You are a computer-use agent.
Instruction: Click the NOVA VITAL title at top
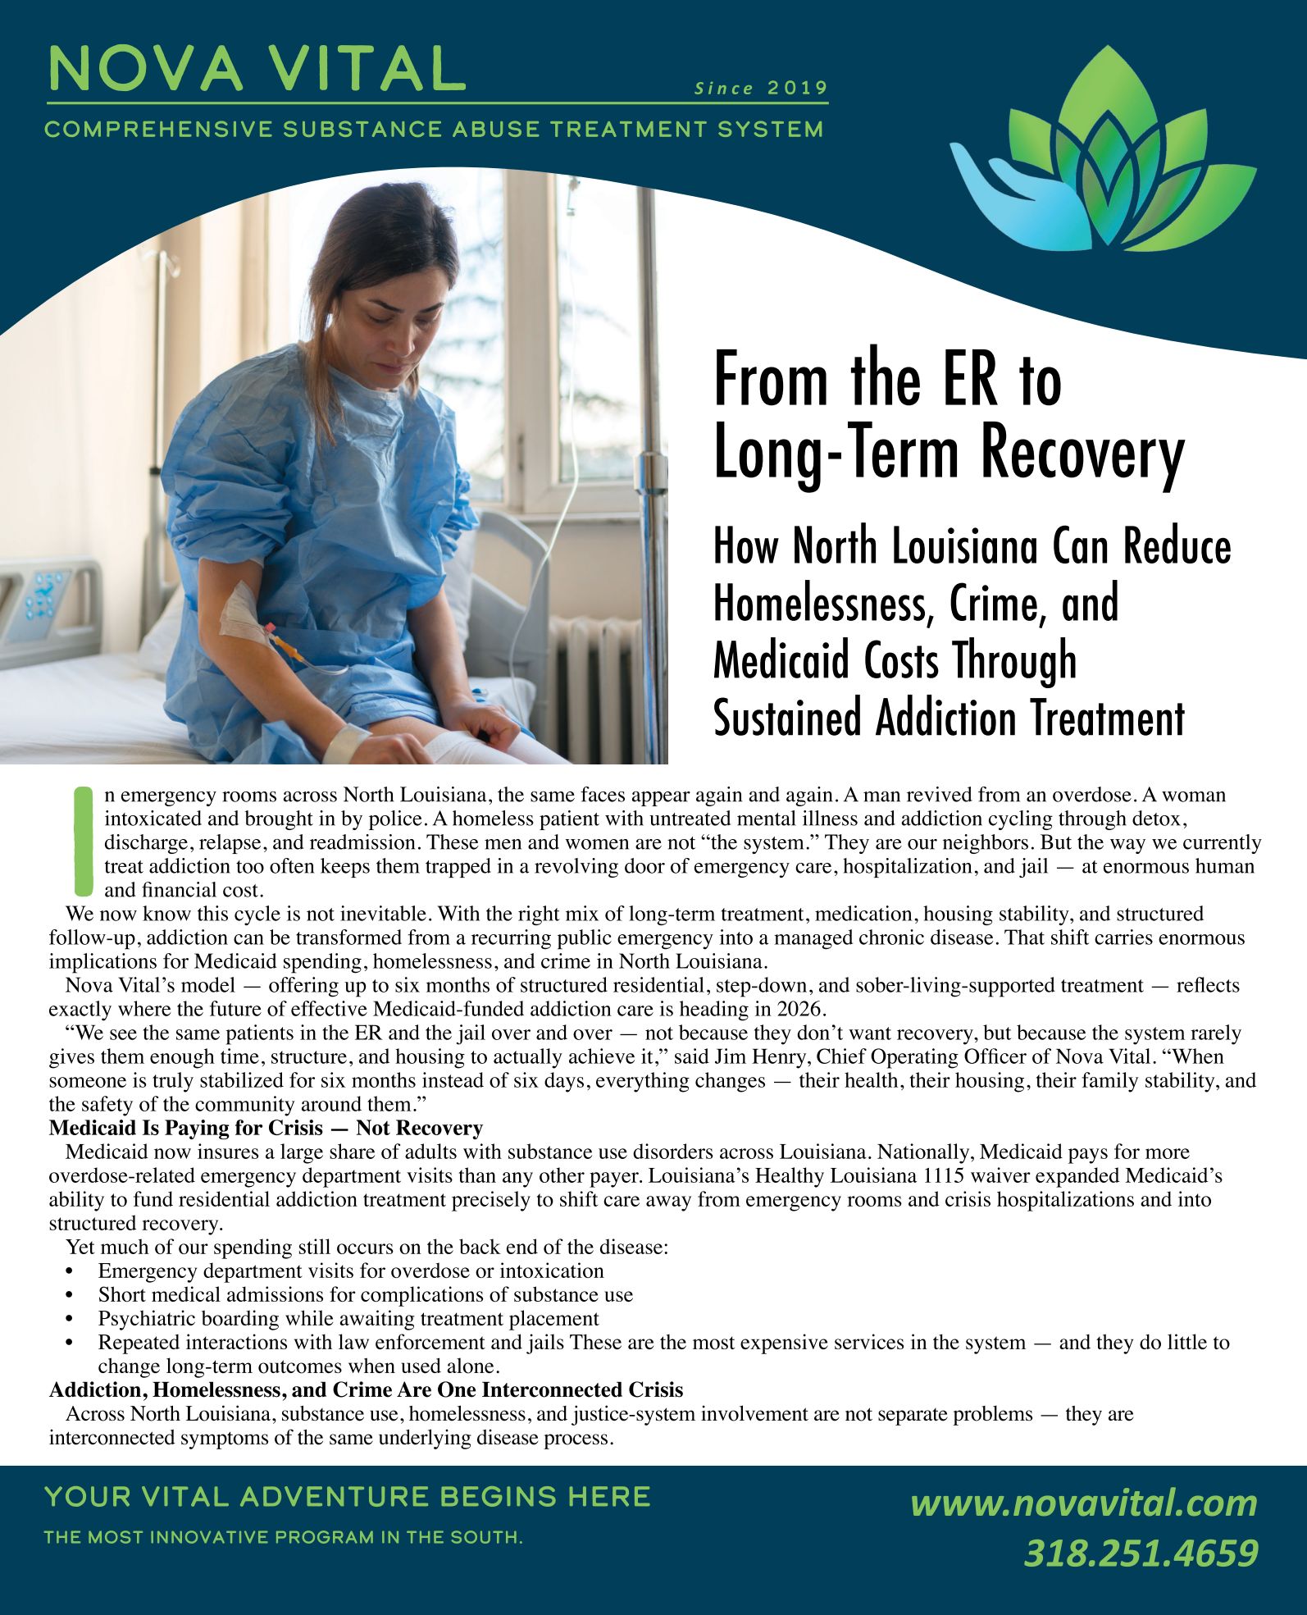tap(256, 68)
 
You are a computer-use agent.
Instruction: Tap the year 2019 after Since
tap(797, 89)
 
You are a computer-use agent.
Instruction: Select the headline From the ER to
tap(887, 380)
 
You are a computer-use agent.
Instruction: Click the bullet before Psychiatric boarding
tap(69, 1319)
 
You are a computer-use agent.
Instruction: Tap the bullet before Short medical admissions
tap(69, 1295)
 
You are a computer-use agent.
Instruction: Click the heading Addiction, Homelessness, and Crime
tap(366, 1390)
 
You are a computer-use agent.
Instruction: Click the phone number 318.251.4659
tap(1141, 1553)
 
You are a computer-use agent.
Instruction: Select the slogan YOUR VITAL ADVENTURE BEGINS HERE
tap(348, 1497)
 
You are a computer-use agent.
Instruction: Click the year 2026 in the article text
tap(809, 1009)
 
